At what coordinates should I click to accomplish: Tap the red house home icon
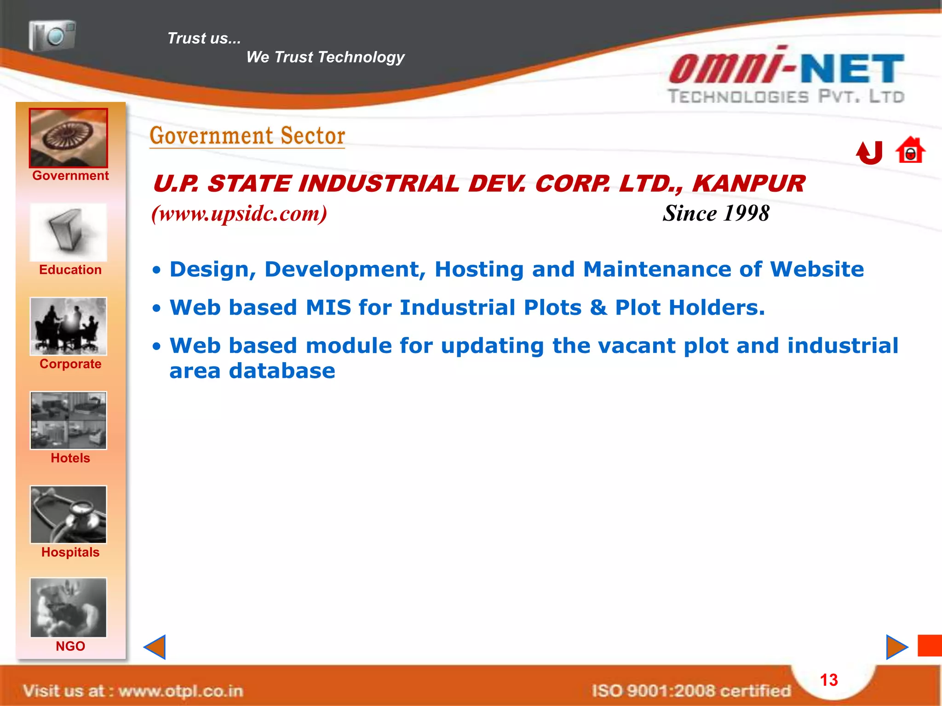[910, 150]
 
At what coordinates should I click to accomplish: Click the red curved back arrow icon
[869, 153]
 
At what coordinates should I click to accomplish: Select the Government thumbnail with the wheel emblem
[69, 138]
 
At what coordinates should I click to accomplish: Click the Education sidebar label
[70, 270]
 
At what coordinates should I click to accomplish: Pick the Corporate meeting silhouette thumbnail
[69, 326]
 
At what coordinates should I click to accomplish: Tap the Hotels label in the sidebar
[70, 458]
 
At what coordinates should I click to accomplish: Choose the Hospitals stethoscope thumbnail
[69, 515]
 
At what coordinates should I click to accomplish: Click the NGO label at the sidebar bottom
[70, 646]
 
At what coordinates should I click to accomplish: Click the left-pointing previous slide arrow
[155, 647]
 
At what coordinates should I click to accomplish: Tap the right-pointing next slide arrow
[896, 647]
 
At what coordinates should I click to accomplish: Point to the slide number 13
[829, 680]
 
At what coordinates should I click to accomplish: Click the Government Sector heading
[247, 136]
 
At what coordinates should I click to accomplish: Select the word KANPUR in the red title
[749, 184]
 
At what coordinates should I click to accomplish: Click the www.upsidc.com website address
[239, 214]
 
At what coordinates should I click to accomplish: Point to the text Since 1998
[716, 213]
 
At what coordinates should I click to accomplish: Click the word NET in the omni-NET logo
[852, 69]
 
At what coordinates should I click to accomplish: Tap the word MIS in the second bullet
[328, 307]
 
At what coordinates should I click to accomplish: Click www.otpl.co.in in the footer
[181, 691]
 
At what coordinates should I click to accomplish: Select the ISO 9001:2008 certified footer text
[691, 691]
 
